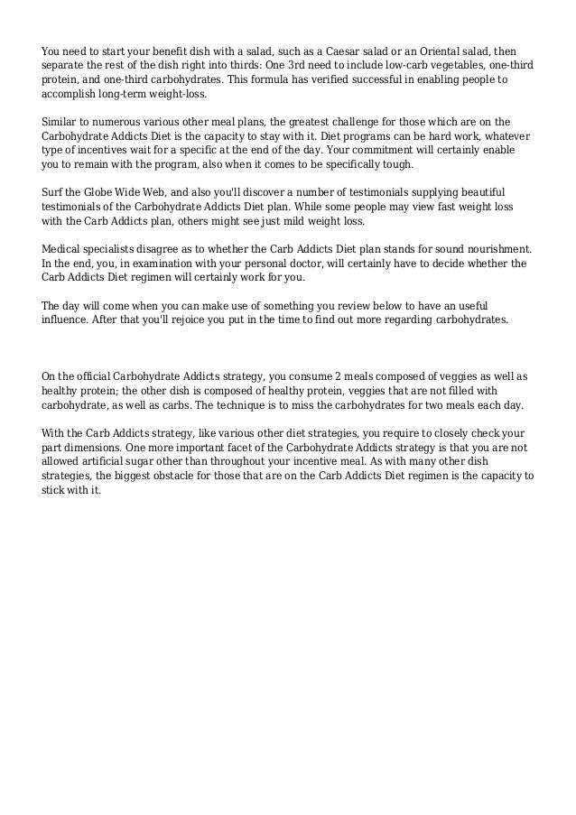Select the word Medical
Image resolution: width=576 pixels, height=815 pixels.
click(x=63, y=248)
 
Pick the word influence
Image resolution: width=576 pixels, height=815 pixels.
click(x=66, y=320)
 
